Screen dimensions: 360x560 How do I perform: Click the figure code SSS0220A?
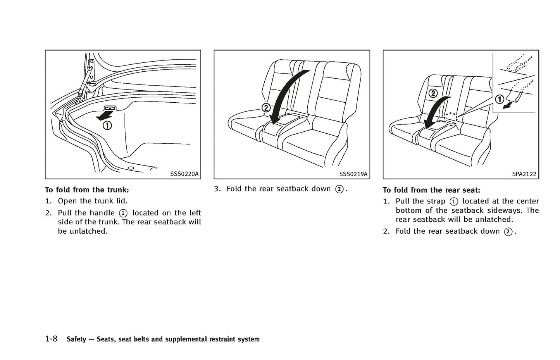pos(184,174)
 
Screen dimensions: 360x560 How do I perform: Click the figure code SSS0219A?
pos(353,174)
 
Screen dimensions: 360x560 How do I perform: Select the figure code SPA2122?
pos(524,174)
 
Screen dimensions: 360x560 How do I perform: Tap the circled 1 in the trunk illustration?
pos(107,126)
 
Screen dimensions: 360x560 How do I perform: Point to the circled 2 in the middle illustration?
pos(266,108)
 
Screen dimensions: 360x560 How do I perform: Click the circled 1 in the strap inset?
pos(500,100)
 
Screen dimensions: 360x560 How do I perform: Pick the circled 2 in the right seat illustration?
pos(433,93)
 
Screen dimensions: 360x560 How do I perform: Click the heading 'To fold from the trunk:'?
pos(87,190)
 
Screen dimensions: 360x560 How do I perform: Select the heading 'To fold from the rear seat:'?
pos(431,190)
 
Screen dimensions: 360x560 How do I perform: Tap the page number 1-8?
pos(51,339)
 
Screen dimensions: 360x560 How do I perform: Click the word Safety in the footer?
pos(76,339)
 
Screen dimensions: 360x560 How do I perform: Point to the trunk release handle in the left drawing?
pos(110,109)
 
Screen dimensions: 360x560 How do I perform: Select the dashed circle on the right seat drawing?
pos(451,118)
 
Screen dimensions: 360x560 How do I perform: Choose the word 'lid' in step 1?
pos(121,201)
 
